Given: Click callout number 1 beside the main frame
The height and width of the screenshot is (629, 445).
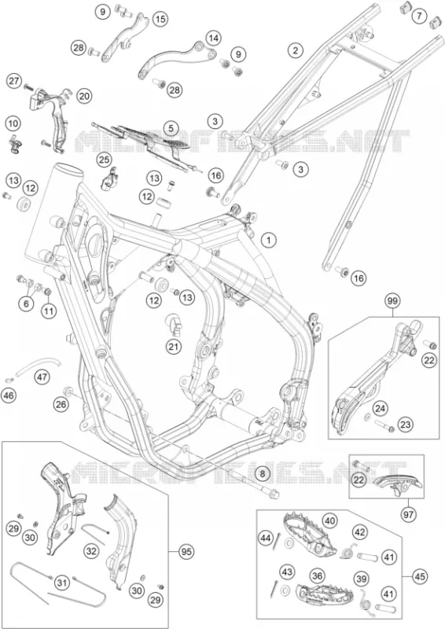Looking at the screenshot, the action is (x=269, y=241).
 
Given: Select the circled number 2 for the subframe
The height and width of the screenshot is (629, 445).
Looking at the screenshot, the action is (x=296, y=50).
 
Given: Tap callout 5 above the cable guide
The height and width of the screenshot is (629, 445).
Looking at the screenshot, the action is (x=171, y=128).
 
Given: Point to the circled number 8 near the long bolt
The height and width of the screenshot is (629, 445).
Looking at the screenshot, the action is (x=262, y=474).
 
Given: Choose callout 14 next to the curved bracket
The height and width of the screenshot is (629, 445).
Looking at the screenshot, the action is (x=214, y=39).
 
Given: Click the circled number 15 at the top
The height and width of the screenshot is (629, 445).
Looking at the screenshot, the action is (x=160, y=19).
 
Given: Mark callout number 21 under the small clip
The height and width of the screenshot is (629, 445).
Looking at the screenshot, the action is (x=175, y=346).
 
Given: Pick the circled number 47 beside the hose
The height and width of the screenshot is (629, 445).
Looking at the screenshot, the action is (x=42, y=377).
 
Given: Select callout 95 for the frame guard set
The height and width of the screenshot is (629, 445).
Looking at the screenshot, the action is (x=186, y=552).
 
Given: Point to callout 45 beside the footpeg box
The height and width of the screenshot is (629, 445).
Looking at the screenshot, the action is (x=419, y=577).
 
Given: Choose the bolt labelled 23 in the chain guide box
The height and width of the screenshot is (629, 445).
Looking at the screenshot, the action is (x=384, y=425).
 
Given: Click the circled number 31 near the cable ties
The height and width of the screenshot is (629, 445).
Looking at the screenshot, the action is (x=61, y=581).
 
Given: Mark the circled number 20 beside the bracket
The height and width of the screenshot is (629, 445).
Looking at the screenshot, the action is (x=84, y=95).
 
